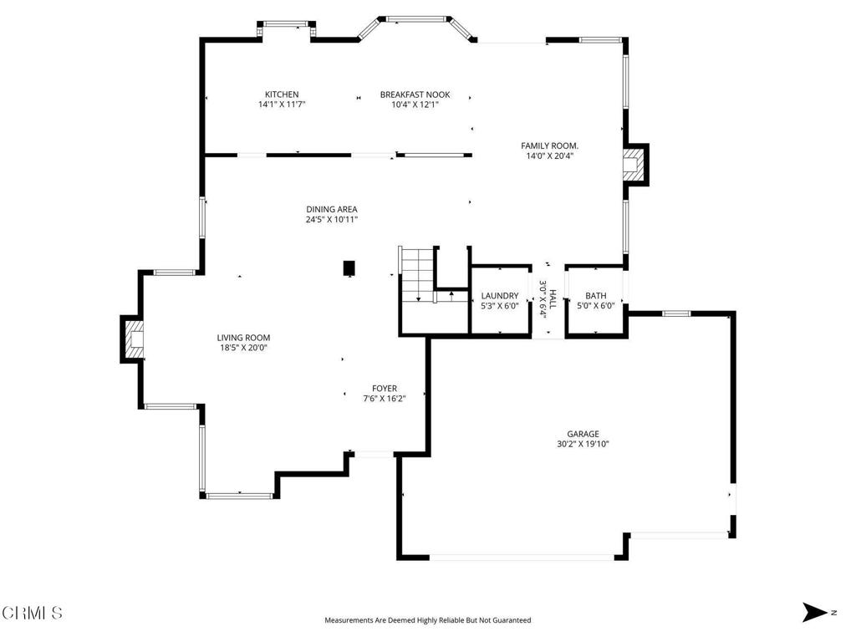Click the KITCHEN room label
(282, 94)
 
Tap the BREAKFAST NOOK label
(415, 94)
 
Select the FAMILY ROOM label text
(549, 145)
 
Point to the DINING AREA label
(331, 209)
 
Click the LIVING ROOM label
(243, 338)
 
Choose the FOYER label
(385, 389)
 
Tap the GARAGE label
(583, 434)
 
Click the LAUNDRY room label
(500, 296)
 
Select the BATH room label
(595, 296)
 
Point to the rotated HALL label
(553, 299)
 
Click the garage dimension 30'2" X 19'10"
(583, 445)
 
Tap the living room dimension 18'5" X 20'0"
(243, 348)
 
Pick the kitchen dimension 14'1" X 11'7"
(282, 104)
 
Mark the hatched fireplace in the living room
(135, 339)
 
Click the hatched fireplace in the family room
(634, 165)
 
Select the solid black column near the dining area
(349, 268)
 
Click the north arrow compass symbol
(814, 612)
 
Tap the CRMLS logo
(32, 613)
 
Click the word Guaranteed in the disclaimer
(512, 620)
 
